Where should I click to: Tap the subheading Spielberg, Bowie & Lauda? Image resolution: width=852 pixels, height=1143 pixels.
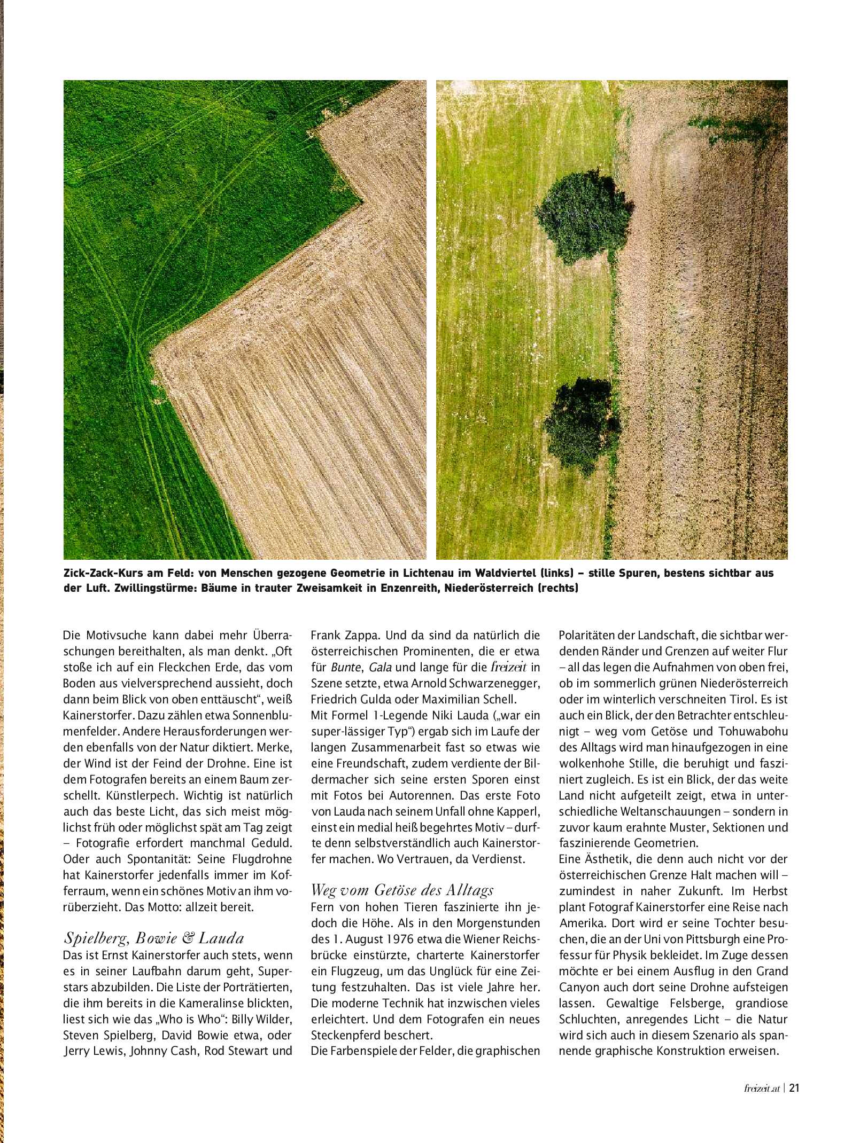click(x=153, y=938)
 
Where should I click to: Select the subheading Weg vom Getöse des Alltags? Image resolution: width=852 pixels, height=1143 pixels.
click(x=402, y=890)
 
